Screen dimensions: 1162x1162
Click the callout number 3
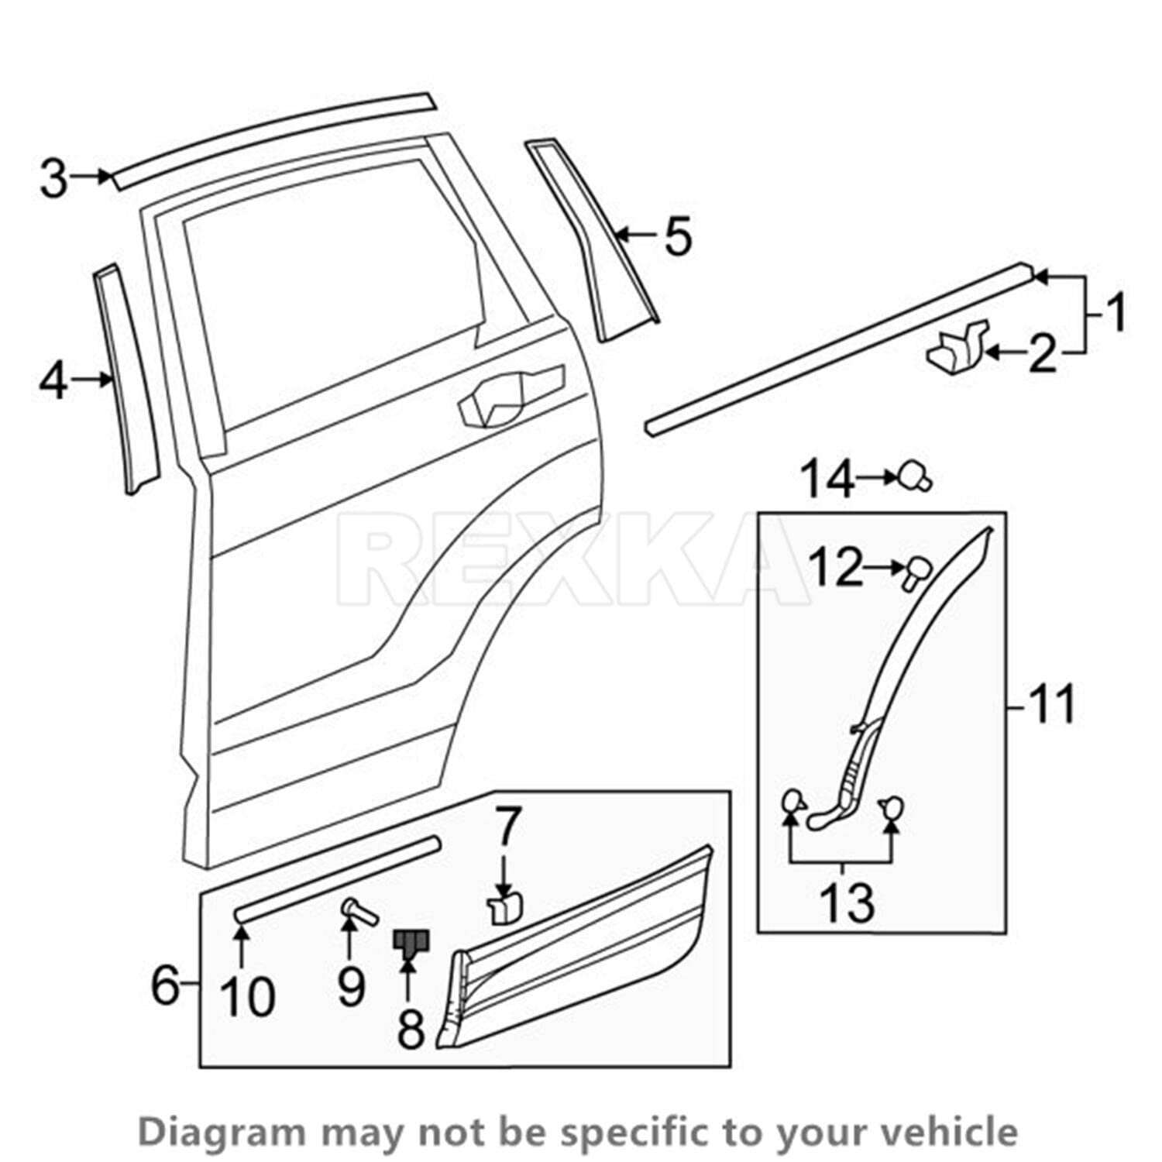tap(54, 178)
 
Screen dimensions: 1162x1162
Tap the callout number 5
tap(678, 236)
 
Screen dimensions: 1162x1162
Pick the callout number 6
tap(165, 985)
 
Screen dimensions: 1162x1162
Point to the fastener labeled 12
tap(917, 571)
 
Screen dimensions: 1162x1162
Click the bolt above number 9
tap(358, 910)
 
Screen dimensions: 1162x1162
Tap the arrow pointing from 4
tap(95, 379)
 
